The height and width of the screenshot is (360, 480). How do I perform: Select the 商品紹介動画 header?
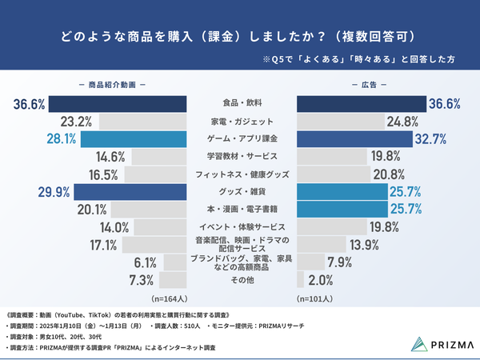tap(112, 85)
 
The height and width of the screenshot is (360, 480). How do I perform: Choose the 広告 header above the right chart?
tap(369, 85)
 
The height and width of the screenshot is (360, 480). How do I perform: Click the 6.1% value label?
tap(145, 262)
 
